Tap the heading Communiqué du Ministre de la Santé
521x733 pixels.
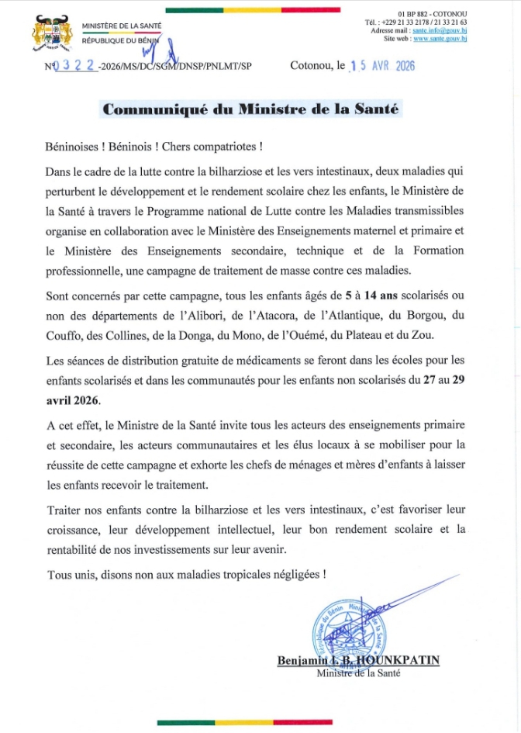tap(251, 109)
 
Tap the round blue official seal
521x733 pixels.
tap(348, 626)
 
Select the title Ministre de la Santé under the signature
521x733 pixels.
tap(358, 673)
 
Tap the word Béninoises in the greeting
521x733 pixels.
tap(73, 147)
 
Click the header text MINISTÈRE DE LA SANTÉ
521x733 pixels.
tap(122, 26)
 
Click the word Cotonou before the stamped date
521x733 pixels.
tap(312, 67)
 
